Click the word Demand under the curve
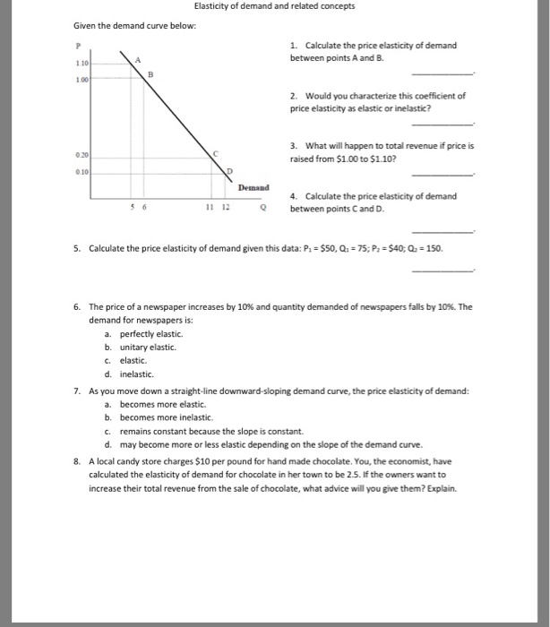point(254,188)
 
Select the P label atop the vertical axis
point(79,45)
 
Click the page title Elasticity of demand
point(274,6)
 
